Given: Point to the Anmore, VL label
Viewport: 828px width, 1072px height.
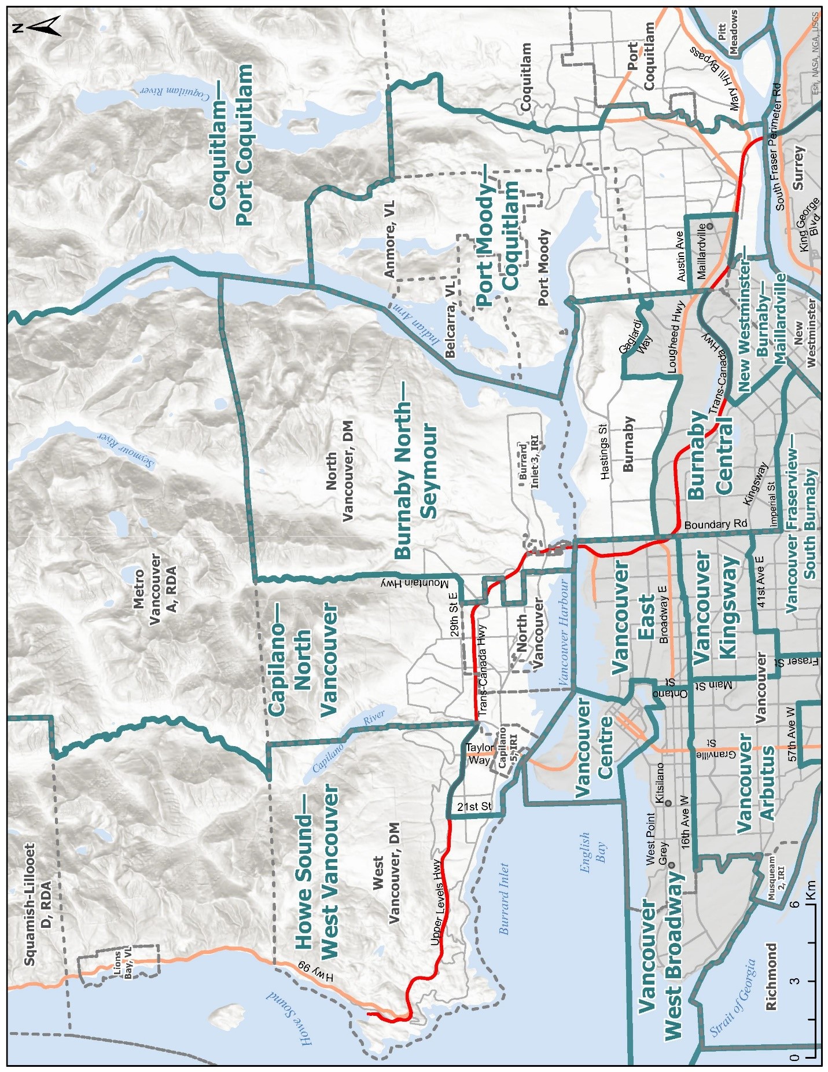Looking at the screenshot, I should click(x=389, y=239).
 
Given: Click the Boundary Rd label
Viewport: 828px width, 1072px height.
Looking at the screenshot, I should click(x=716, y=524).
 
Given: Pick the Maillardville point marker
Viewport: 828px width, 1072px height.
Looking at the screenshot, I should click(x=709, y=226).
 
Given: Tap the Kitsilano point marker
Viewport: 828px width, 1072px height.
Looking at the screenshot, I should click(x=668, y=803).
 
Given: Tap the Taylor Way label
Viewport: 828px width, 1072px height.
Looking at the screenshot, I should click(x=479, y=754).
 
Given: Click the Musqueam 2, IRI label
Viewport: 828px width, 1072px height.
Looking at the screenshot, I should click(x=776, y=878).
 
